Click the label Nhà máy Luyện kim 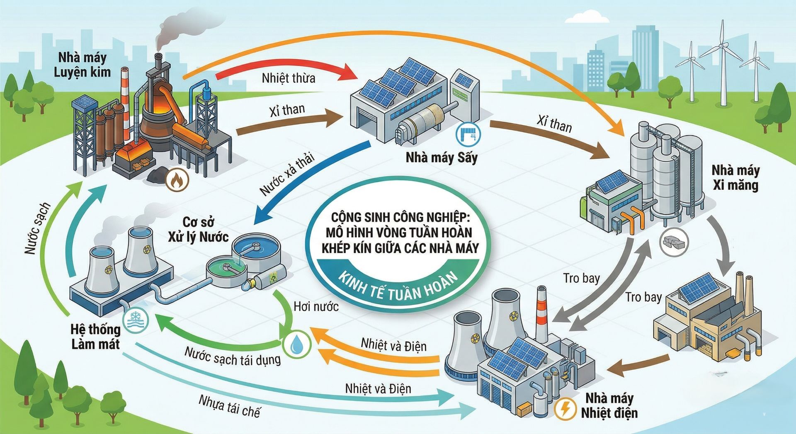82,65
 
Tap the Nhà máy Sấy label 441,158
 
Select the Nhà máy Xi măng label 735,177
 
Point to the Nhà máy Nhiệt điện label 609,405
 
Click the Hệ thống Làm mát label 95,337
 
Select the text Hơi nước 316,307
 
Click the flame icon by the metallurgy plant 177,180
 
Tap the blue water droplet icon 296,344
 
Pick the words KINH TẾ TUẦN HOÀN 398,286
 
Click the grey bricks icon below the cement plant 674,242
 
